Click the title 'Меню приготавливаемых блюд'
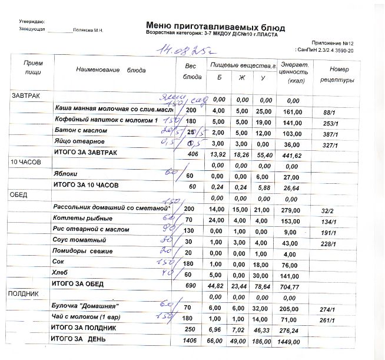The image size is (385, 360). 215,27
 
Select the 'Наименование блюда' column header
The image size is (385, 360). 111,70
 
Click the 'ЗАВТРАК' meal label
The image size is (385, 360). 25,95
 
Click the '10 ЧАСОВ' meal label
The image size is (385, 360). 25,161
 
